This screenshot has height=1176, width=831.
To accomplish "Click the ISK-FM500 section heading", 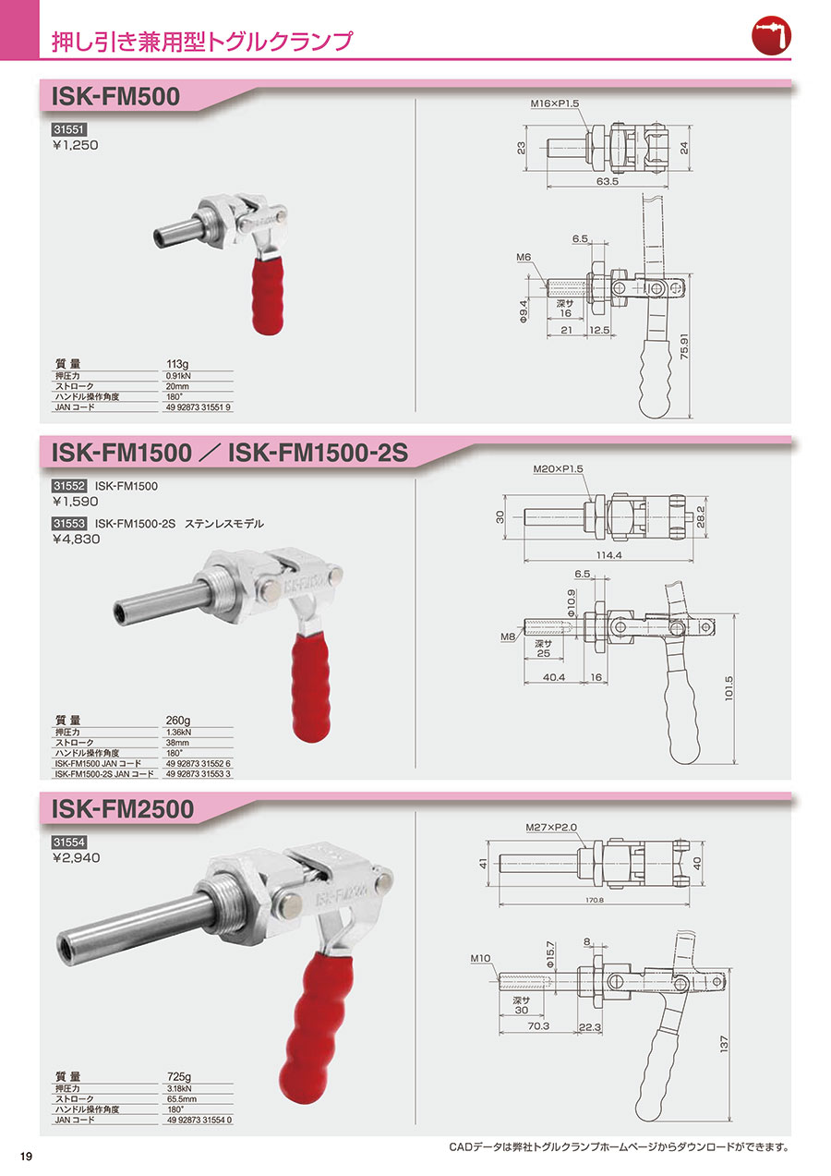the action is point(115,97).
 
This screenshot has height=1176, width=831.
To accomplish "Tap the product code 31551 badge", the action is point(68,129).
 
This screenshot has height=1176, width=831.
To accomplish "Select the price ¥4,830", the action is point(76,540).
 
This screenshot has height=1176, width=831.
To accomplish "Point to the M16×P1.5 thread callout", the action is point(555,103).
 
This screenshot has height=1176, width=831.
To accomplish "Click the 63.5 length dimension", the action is point(607,181).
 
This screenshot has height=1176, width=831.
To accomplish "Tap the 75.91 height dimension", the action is point(683,347).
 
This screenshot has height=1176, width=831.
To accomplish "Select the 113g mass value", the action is point(177,364).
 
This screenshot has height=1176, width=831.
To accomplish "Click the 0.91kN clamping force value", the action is point(178,376).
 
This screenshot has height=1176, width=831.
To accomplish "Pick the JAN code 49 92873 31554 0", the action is point(199,1120).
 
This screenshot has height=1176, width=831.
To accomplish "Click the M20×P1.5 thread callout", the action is point(558,468).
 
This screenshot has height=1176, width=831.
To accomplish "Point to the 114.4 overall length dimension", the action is point(608,555).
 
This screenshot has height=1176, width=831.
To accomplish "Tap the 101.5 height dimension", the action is point(729,688).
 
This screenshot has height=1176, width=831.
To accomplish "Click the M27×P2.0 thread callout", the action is point(551,828).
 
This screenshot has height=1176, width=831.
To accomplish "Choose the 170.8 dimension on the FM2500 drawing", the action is point(595,900).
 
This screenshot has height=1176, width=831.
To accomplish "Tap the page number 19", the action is point(26,1157).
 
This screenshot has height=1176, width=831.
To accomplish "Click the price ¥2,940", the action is point(76,858).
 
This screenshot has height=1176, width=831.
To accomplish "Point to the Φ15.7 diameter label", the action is point(550,955).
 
